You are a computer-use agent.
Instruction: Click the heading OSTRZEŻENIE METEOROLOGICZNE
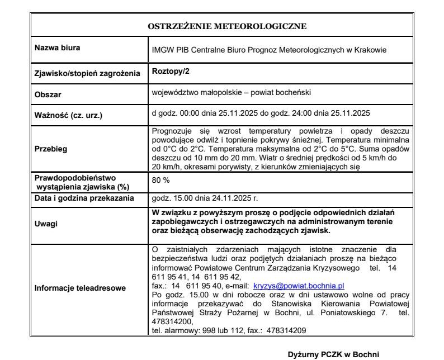(227, 26)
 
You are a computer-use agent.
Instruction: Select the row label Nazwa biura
(57, 48)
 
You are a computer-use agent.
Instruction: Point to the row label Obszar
(48, 94)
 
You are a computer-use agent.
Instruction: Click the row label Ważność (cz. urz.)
(69, 116)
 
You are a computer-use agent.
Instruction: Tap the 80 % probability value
(161, 181)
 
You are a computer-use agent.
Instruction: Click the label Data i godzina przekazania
(84, 198)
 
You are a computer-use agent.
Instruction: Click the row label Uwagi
(45, 222)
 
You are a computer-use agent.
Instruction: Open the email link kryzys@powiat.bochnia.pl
(299, 285)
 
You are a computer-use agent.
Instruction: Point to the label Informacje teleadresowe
(81, 288)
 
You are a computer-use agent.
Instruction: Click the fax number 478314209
(286, 330)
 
